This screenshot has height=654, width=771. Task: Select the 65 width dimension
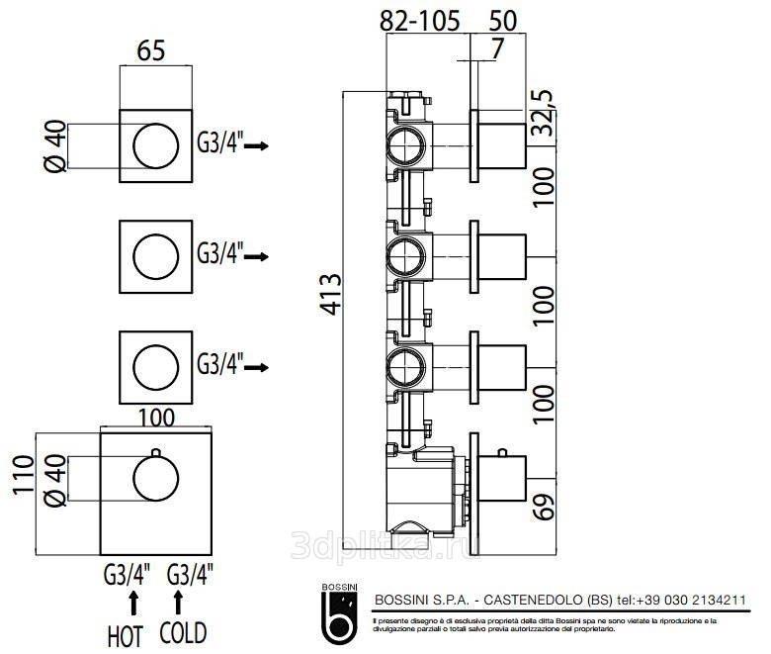pyautogui.click(x=150, y=52)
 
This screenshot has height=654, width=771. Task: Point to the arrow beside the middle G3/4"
pyautogui.click(x=257, y=257)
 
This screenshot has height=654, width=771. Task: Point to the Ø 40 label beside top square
pyautogui.click(x=55, y=146)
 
